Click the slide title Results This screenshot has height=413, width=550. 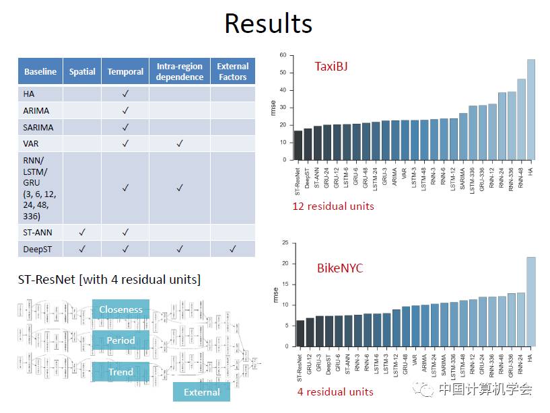click(268, 24)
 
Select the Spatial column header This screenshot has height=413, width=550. click(82, 71)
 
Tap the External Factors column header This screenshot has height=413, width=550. click(232, 71)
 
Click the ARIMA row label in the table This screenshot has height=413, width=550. click(36, 110)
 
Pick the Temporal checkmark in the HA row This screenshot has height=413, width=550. click(125, 94)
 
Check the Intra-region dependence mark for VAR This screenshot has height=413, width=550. click(179, 143)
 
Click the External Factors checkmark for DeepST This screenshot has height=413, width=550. click(232, 249)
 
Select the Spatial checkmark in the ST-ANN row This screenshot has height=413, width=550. click(82, 232)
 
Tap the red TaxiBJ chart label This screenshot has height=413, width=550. click(331, 67)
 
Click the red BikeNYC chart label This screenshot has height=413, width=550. click(339, 268)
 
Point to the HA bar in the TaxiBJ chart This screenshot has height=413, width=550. click(530, 110)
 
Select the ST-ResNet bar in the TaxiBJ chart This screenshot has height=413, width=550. click(298, 145)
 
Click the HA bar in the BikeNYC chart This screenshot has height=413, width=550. click(530, 303)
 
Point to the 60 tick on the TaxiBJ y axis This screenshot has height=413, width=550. click(283, 55)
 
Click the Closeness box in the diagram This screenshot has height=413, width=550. click(121, 309)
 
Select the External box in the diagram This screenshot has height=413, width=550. click(201, 392)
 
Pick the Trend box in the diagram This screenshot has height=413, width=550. click(121, 371)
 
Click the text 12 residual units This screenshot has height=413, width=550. click(333, 206)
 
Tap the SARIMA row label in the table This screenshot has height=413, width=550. click(38, 127)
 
